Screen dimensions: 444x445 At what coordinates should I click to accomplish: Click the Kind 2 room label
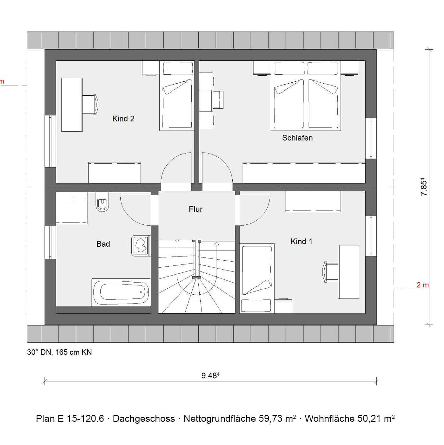123,119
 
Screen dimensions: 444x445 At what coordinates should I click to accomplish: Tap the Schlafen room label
297,138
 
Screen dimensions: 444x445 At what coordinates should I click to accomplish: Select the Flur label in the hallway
195,209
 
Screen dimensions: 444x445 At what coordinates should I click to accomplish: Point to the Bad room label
103,244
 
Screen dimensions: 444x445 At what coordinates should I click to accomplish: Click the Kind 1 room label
302,242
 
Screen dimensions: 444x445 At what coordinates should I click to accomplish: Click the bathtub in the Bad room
121,292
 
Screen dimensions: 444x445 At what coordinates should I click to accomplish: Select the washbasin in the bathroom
141,246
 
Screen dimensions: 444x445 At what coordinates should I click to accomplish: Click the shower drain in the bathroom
71,200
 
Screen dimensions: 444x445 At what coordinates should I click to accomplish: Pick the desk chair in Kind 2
91,104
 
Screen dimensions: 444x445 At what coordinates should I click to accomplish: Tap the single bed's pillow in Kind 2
178,69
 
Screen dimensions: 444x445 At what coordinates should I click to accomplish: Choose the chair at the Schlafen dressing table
218,99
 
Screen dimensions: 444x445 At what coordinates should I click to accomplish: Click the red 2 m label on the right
422,285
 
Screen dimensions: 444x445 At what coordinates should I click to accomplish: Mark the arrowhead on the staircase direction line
216,243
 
